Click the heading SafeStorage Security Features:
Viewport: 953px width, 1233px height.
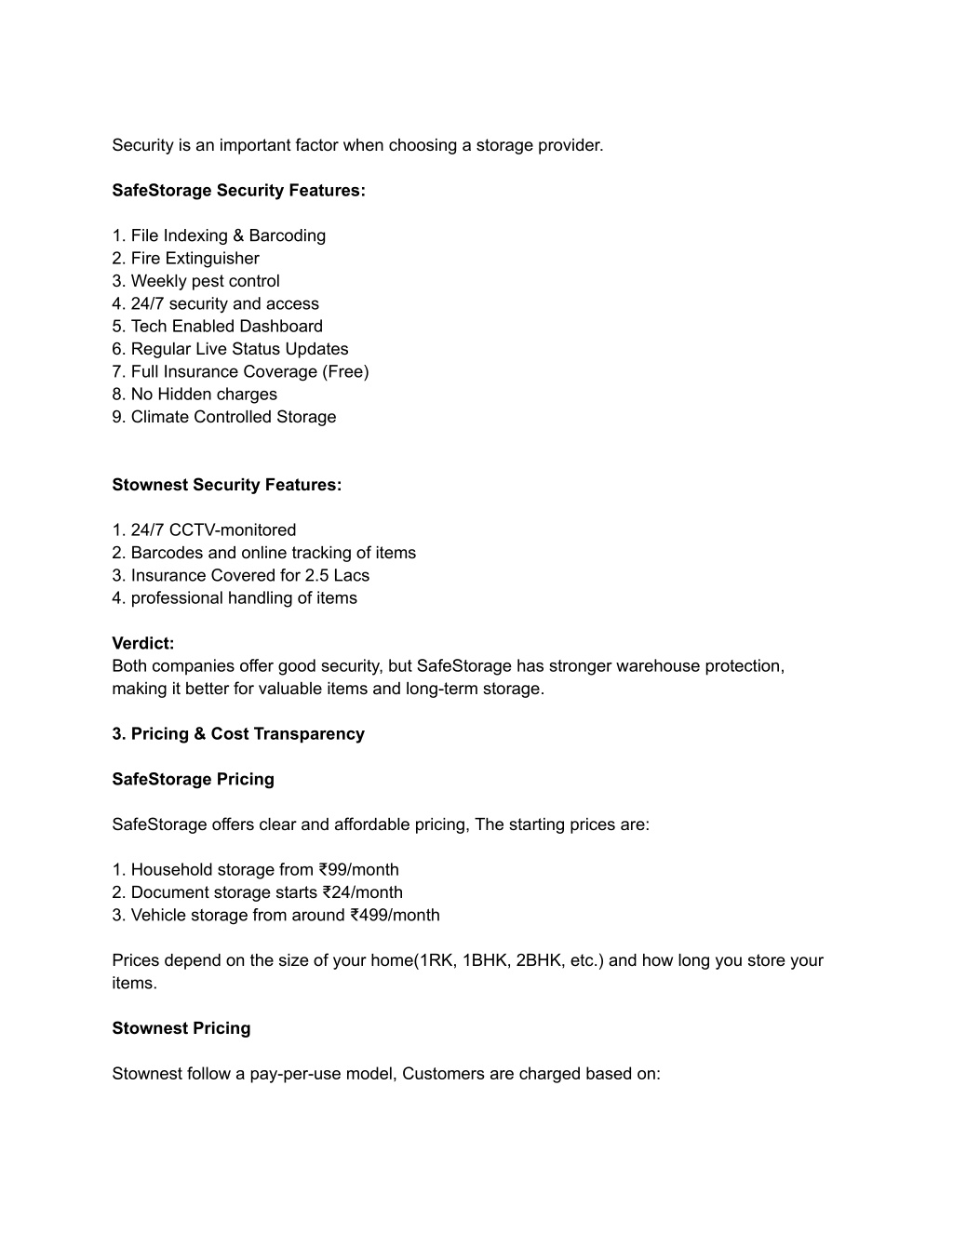(238, 191)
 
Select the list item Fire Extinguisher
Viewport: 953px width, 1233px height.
(195, 259)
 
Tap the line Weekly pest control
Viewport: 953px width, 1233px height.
(205, 281)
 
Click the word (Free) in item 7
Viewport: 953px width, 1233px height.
(345, 372)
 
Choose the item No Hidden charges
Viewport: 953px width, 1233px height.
(204, 395)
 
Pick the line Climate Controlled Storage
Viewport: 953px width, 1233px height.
(233, 417)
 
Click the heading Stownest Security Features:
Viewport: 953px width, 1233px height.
(226, 485)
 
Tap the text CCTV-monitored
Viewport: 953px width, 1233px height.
(233, 530)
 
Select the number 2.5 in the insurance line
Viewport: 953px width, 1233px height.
(316, 576)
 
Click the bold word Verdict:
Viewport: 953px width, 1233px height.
(143, 644)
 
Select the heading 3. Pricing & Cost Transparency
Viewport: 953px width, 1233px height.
(238, 734)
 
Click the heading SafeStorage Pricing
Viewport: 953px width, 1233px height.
(193, 780)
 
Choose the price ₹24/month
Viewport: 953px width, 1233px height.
(362, 893)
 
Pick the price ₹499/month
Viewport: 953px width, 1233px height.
(395, 916)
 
